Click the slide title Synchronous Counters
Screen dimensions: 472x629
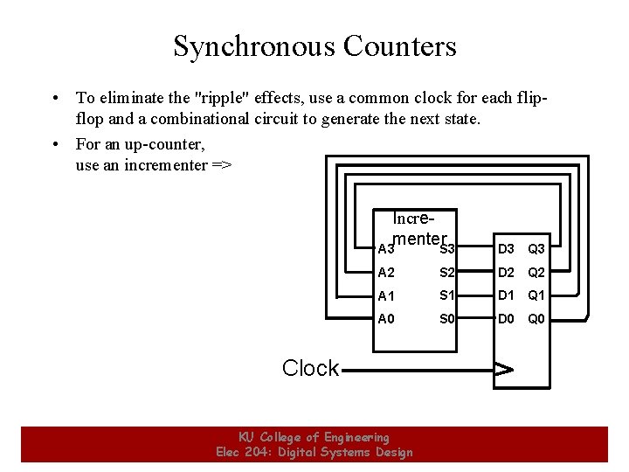click(314, 45)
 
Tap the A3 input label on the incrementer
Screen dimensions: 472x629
click(384, 249)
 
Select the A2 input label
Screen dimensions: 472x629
click(386, 272)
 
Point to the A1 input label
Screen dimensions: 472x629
click(386, 295)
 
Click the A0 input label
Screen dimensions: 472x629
click(386, 319)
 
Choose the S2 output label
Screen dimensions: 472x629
click(447, 272)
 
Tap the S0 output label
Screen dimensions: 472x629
click(447, 319)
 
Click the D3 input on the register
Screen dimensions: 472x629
click(506, 249)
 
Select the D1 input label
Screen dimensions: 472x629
click(506, 295)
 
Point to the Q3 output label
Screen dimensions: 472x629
click(536, 249)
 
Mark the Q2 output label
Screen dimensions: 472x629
click(536, 272)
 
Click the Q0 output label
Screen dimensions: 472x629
click(536, 319)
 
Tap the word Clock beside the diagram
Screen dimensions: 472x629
click(310, 368)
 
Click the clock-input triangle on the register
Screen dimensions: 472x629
click(503, 369)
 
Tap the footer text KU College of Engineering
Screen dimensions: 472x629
click(314, 437)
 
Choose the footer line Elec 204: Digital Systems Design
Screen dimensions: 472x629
click(314, 452)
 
